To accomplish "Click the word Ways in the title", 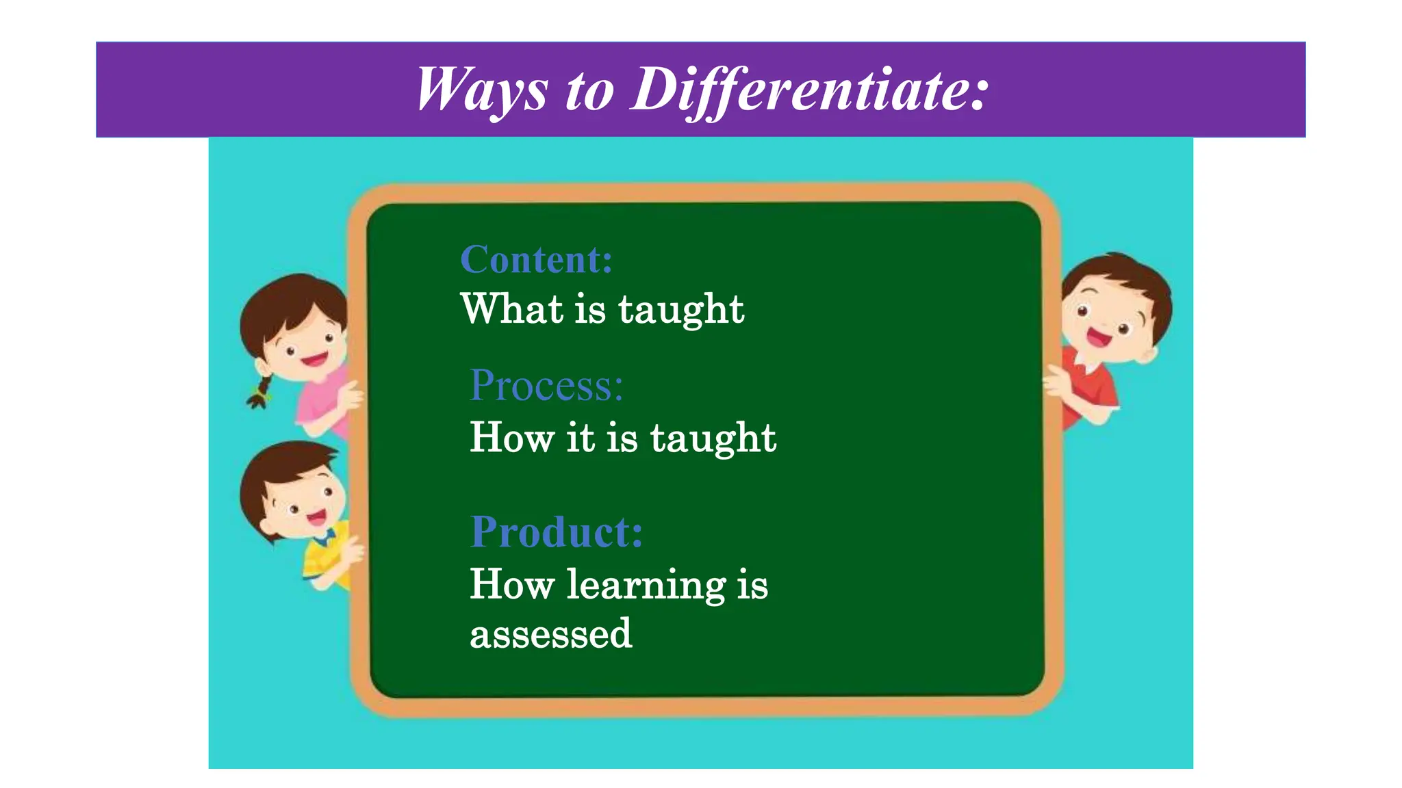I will (482, 90).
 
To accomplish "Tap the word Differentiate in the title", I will (809, 90).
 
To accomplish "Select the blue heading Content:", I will (536, 260).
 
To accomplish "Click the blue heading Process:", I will (546, 385).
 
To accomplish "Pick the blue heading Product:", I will (557, 531).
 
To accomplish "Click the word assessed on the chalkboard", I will (550, 633).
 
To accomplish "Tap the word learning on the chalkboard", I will (646, 585).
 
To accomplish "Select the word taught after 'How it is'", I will (713, 438).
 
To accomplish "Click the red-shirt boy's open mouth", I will (1098, 337).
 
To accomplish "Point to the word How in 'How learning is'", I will (511, 585).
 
